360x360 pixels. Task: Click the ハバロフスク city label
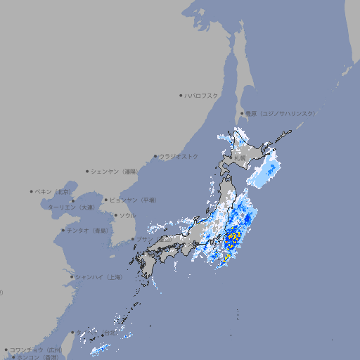pyautogui.click(x=202, y=95)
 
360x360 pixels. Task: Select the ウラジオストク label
pyautogui.click(x=179, y=156)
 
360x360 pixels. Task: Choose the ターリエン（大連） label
pyautogui.click(x=72, y=207)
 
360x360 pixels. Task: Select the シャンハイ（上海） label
pyautogui.click(x=98, y=277)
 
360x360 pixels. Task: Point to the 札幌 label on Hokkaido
pyautogui.click(x=240, y=157)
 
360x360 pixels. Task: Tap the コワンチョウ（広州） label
pyautogui.click(x=36, y=349)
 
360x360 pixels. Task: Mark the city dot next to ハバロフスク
pyautogui.click(x=181, y=95)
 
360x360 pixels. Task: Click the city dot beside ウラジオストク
pyautogui.click(x=155, y=156)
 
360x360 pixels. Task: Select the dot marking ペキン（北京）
pyautogui.click(x=32, y=191)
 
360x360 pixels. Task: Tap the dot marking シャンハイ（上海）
pyautogui.click(x=72, y=277)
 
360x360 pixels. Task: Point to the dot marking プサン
pyautogui.click(x=133, y=239)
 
